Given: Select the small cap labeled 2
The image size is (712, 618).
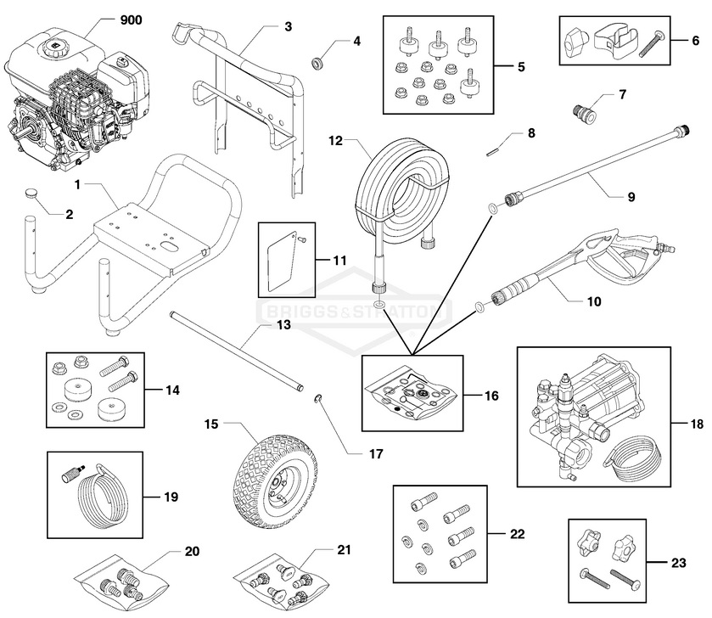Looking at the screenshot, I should [x=31, y=193].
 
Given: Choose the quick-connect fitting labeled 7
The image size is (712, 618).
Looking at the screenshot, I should [x=584, y=110].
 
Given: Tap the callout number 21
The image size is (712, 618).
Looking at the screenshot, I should [x=344, y=550].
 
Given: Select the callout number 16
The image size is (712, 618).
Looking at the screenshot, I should [x=492, y=396].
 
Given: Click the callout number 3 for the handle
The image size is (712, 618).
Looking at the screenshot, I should [x=288, y=26].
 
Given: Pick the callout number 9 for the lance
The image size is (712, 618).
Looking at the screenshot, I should [x=631, y=196].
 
